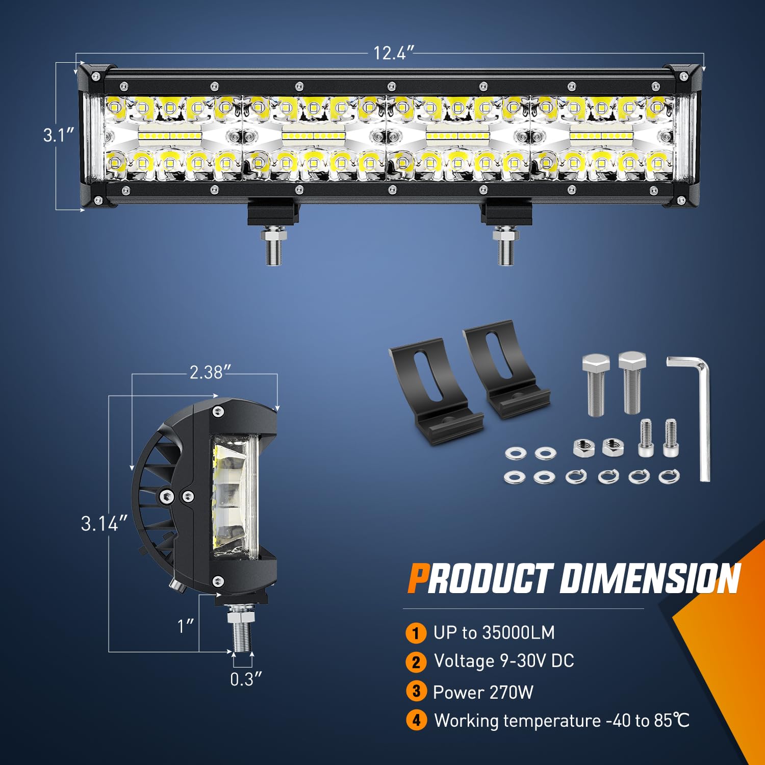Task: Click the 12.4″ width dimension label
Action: pyautogui.click(x=393, y=53)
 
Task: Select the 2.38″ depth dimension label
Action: pyautogui.click(x=207, y=373)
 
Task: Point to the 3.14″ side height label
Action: pyautogui.click(x=104, y=524)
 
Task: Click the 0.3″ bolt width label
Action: pyautogui.click(x=245, y=679)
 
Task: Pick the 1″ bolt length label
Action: pyautogui.click(x=186, y=626)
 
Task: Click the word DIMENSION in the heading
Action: pyautogui.click(x=650, y=579)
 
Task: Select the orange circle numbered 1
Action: pyautogui.click(x=416, y=633)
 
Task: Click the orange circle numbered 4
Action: pyautogui.click(x=416, y=721)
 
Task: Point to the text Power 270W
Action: pyautogui.click(x=483, y=692)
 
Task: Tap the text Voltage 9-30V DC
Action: pyautogui.click(x=504, y=661)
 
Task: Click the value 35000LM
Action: pyautogui.click(x=518, y=632)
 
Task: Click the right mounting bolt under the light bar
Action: pyautogui.click(x=505, y=246)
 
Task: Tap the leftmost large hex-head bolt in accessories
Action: pyautogui.click(x=596, y=385)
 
